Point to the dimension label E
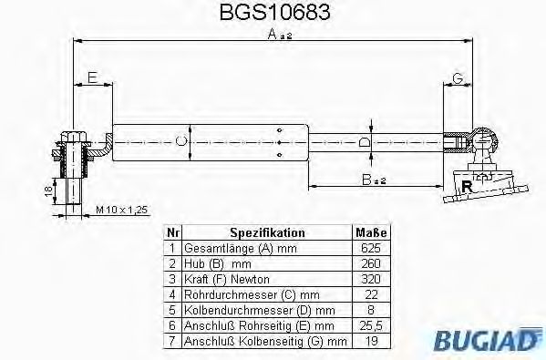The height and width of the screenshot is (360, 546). point(92,78)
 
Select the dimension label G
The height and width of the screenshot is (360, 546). point(458,78)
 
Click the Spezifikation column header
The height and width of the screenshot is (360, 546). point(267,233)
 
